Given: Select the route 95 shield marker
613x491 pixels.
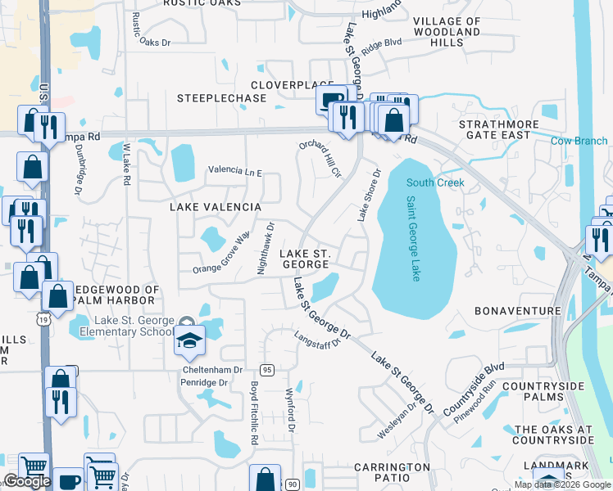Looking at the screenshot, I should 267,370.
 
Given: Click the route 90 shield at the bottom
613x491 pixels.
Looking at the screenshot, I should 292,485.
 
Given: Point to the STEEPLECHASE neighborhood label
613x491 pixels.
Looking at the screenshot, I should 222,98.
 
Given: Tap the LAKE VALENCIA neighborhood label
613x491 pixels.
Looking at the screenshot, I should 215,208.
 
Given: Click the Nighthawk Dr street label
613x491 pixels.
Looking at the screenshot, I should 265,248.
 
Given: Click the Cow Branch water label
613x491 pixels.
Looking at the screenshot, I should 579,142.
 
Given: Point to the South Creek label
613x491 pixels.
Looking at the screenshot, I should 435,182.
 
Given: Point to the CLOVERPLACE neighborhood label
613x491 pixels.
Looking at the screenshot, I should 292,84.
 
